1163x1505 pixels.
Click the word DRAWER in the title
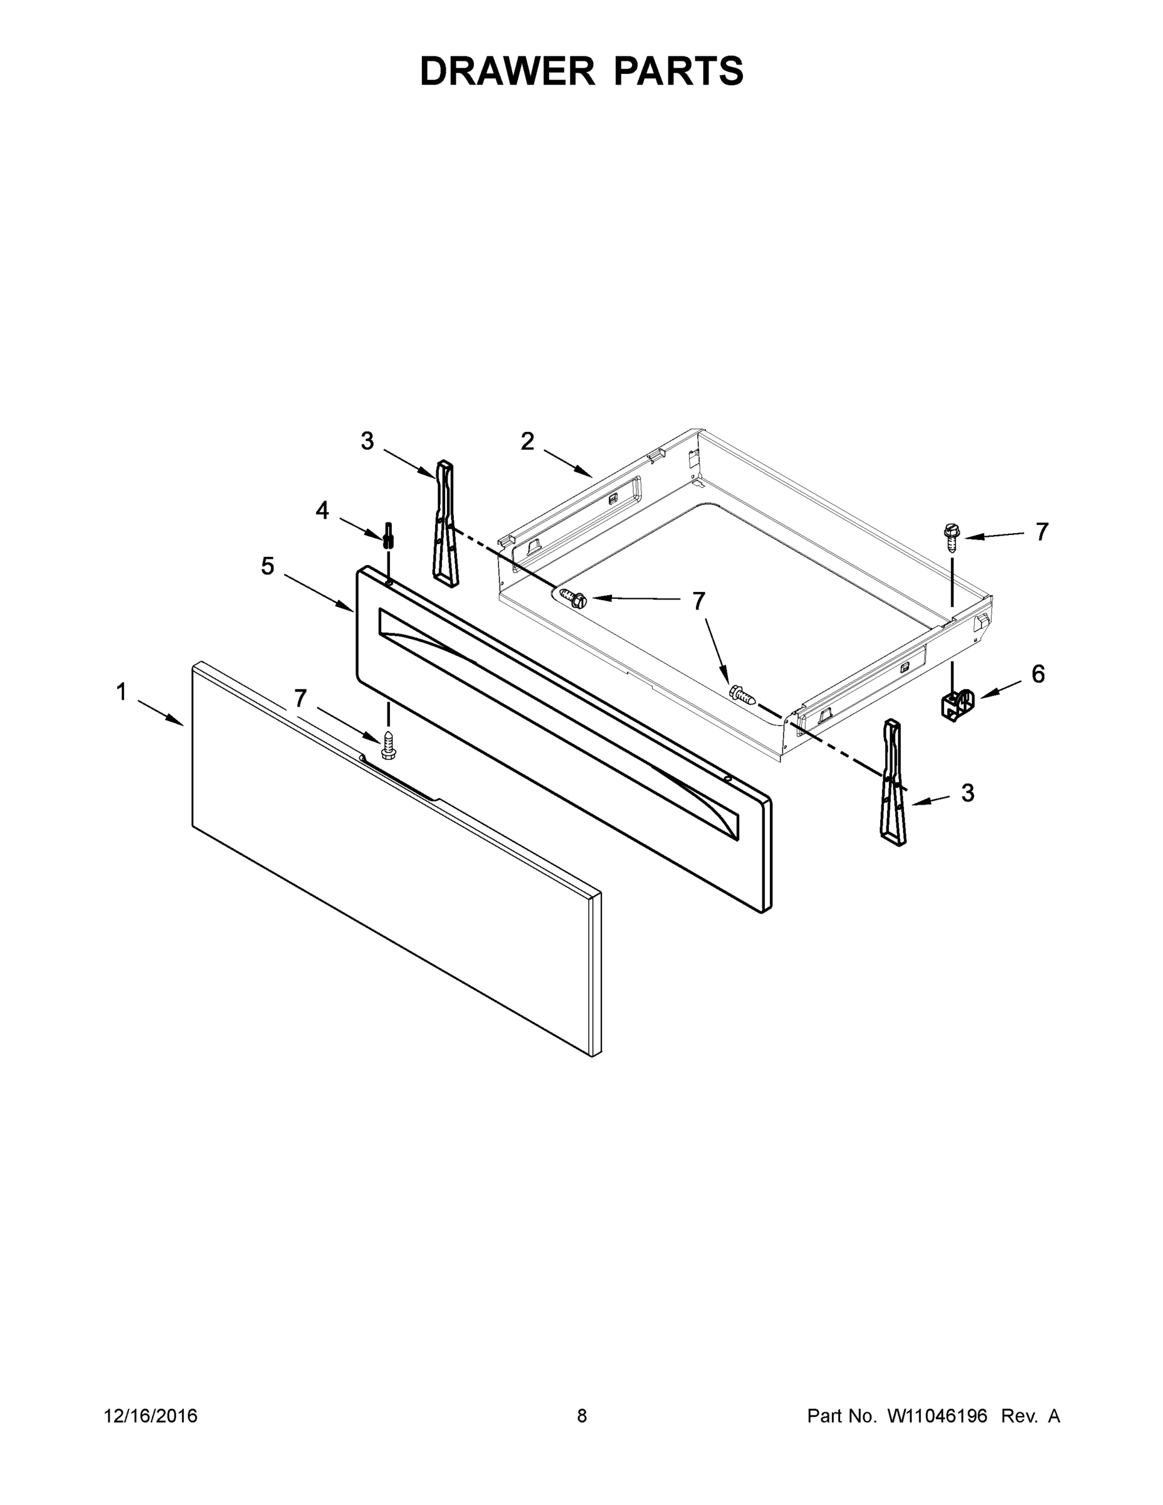tap(507, 71)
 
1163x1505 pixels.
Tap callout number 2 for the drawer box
tap(527, 441)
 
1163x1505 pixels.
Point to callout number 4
tap(322, 510)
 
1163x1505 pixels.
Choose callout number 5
tap(267, 566)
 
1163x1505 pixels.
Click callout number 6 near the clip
tap(1038, 674)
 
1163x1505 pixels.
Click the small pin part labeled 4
tap(389, 535)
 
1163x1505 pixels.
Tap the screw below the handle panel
tap(389, 746)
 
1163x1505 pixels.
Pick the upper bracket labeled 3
tap(445, 524)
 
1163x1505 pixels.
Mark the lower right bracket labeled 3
tap(893, 781)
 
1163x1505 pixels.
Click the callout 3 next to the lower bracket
tap(967, 793)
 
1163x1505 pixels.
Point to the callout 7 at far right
tap(1042, 531)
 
